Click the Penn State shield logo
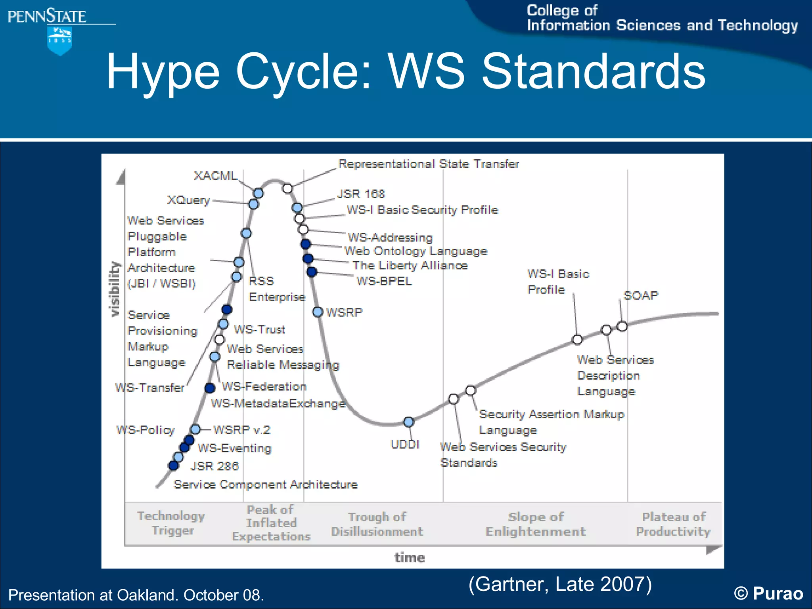[59, 41]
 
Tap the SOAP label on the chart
[641, 295]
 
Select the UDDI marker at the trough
[408, 422]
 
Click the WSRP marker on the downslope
[318, 312]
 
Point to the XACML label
[215, 176]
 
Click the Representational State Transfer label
[428, 164]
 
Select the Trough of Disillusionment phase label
[377, 524]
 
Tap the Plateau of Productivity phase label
[673, 524]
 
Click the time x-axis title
[410, 557]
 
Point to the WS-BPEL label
[384, 281]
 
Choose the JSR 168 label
[361, 194]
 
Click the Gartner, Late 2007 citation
[560, 584]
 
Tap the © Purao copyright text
[768, 594]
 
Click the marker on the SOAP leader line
[622, 326]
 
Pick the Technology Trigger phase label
[171, 523]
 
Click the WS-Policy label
[146, 430]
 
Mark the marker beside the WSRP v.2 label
[195, 429]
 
